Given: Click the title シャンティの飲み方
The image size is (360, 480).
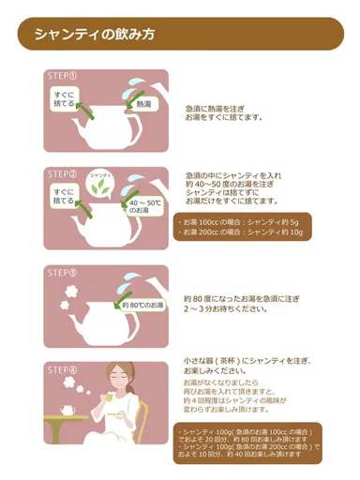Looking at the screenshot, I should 94,34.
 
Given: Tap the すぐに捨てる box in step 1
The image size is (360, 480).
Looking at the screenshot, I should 65,100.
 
